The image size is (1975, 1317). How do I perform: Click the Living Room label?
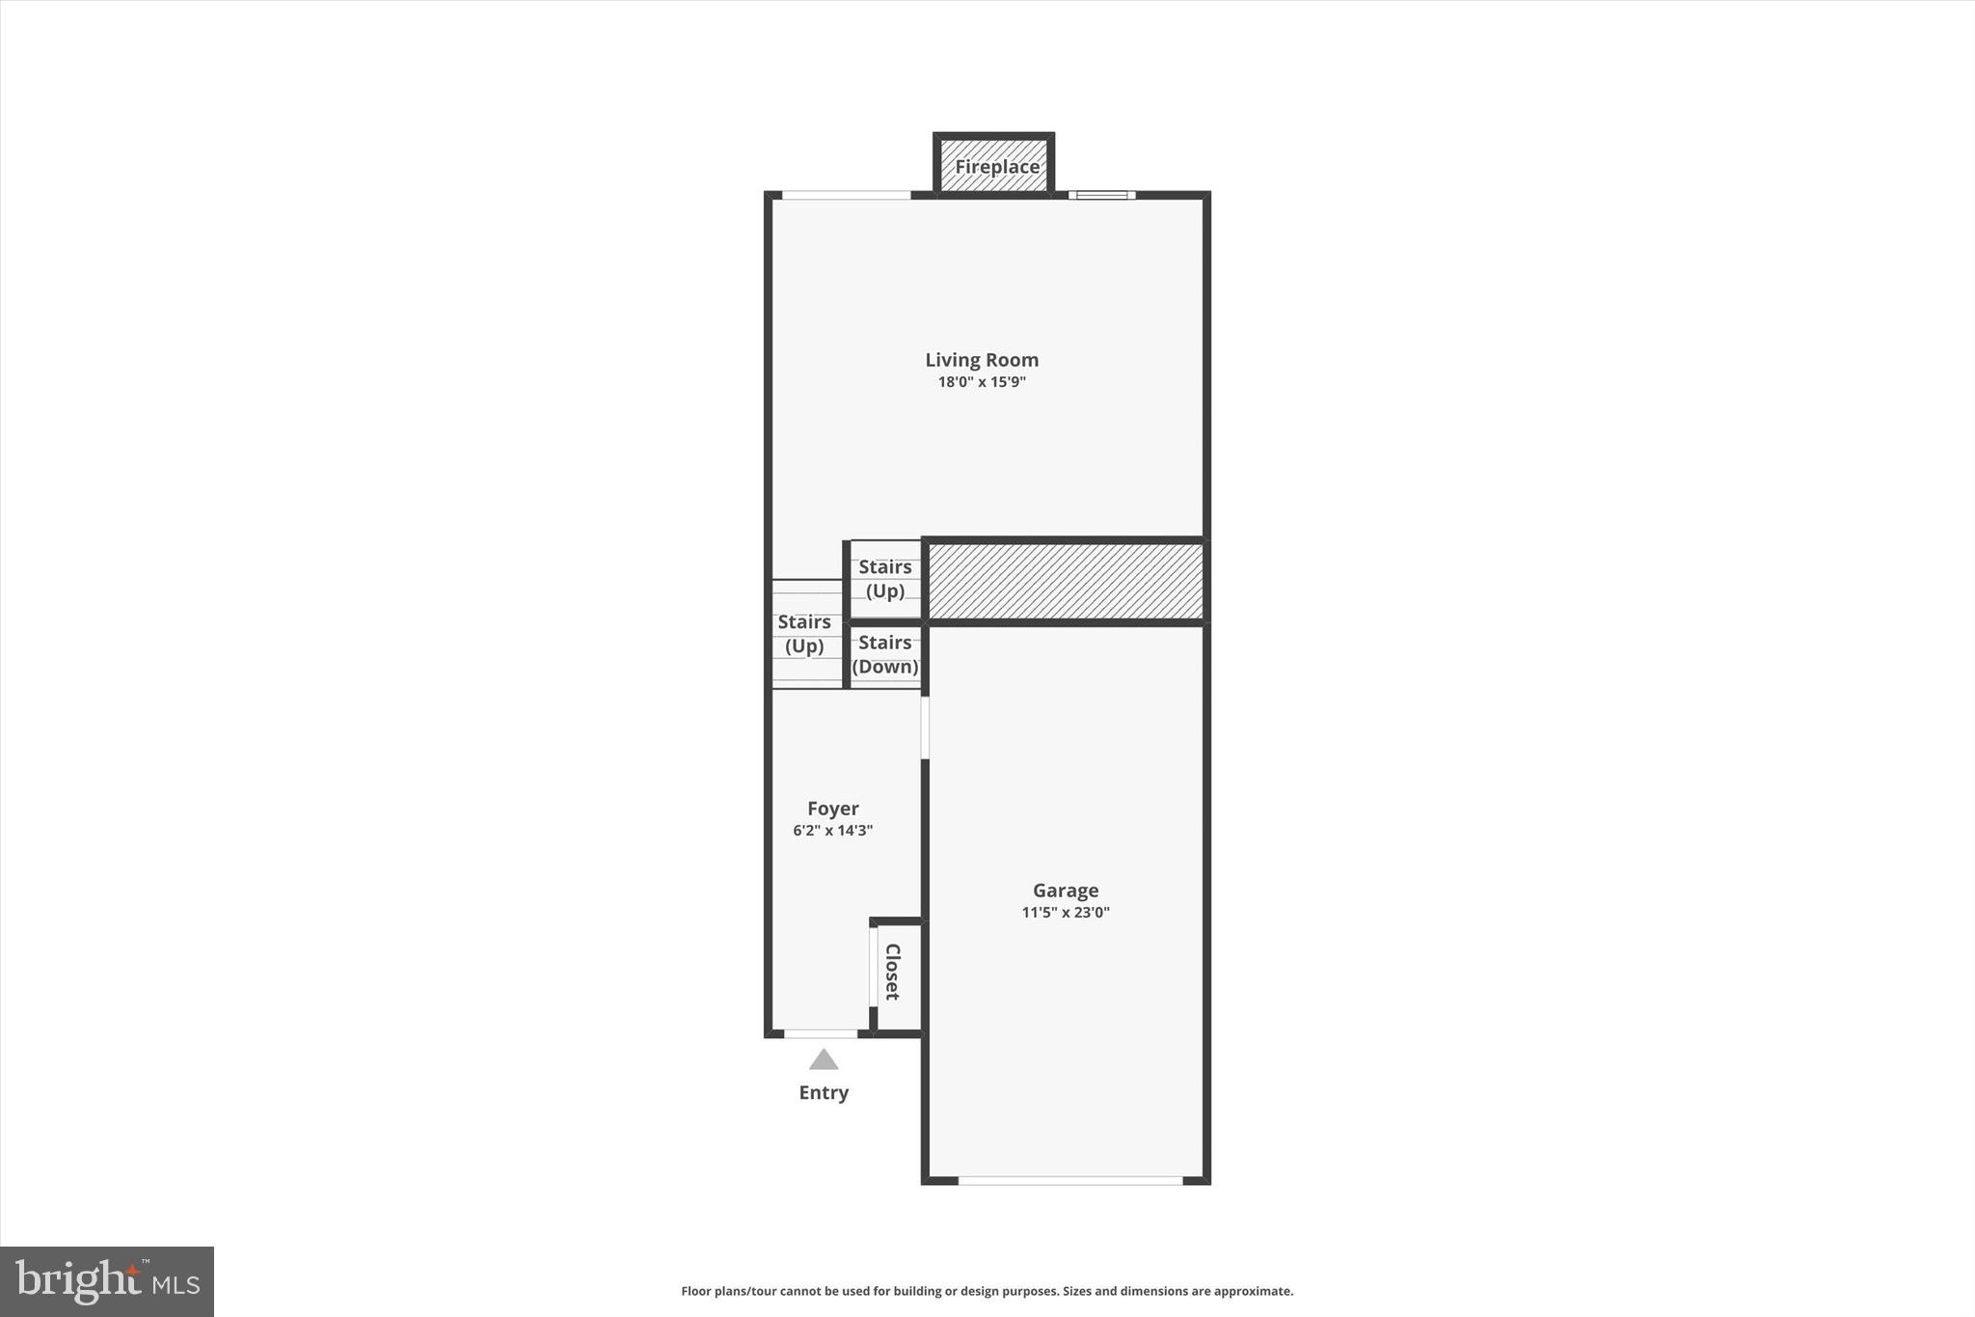point(982,360)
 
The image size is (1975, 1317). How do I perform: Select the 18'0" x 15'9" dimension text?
point(982,382)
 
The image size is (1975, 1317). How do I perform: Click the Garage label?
point(1066,891)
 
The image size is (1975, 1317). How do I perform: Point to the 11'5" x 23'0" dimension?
point(1066,913)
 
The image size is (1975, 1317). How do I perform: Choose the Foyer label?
point(833,809)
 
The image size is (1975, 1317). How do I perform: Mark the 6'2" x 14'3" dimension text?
point(833,831)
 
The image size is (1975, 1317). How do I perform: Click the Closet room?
point(894,973)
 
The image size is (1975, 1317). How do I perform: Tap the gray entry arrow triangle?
point(824,1059)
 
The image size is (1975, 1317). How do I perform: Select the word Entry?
point(824,1092)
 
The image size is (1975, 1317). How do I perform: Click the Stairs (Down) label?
point(885,654)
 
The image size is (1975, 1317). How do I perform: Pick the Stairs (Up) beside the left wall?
point(804,634)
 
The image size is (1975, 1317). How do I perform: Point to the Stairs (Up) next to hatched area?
point(885,579)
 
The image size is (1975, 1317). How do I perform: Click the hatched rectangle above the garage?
point(1065,581)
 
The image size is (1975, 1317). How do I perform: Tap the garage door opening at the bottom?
point(1070,1180)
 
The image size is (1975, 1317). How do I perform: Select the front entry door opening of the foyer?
point(821,1033)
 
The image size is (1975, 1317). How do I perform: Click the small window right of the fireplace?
point(1102,195)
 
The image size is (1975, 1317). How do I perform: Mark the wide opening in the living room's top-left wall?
point(846,195)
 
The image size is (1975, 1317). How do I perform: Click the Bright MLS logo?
point(107,1281)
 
